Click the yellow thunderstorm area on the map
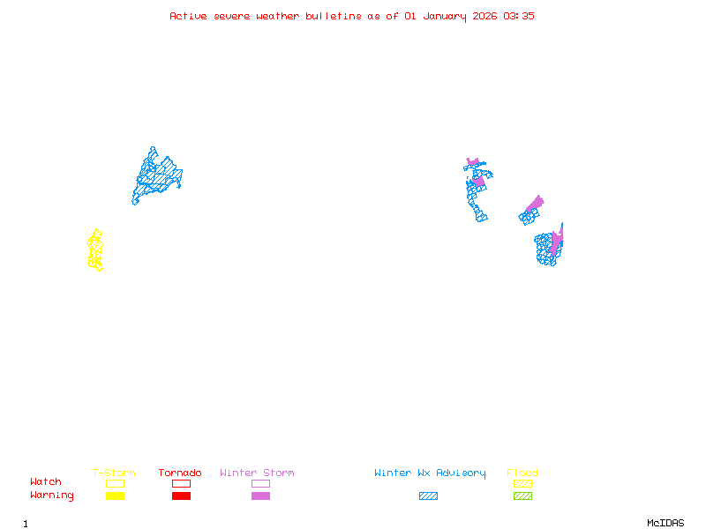click(95, 250)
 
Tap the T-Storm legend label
click(114, 473)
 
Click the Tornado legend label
click(180, 473)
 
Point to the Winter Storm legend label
click(257, 473)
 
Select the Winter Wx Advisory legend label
click(430, 473)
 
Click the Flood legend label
click(522, 473)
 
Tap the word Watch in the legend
click(46, 482)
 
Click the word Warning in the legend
click(52, 495)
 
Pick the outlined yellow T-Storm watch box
click(115, 483)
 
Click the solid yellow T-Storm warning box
click(115, 496)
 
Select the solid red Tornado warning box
click(181, 496)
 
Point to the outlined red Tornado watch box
click(181, 483)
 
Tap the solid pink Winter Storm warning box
click(260, 496)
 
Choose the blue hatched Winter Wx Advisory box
click(428, 496)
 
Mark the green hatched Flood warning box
click(522, 496)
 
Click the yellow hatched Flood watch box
click(522, 483)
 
